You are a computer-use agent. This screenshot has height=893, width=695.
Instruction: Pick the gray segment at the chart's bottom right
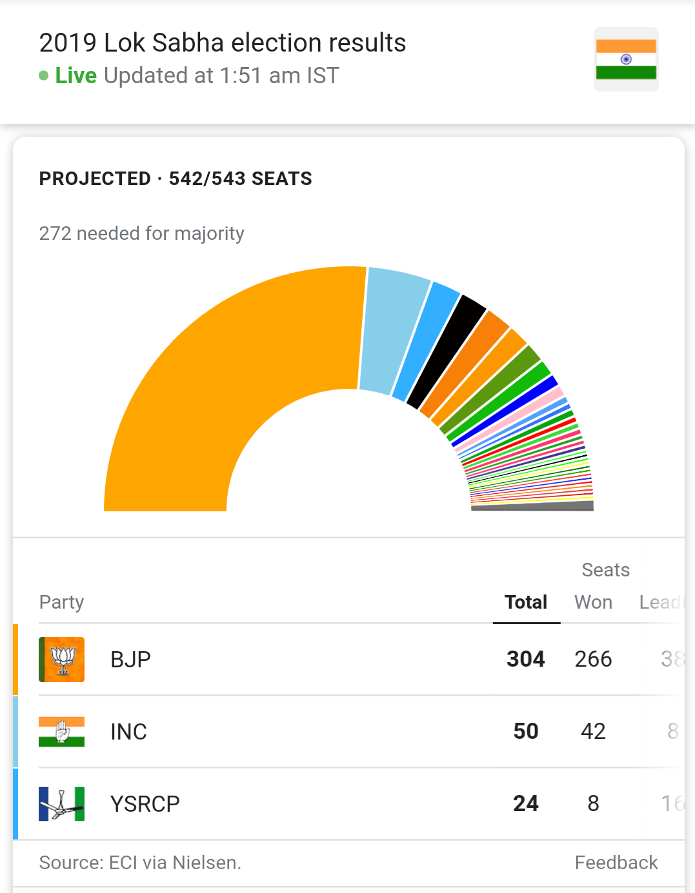(x=532, y=507)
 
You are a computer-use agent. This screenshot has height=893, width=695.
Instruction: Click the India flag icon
(x=626, y=59)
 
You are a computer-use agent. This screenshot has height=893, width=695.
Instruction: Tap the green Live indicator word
(x=76, y=76)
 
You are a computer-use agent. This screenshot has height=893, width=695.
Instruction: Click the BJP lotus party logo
(x=62, y=660)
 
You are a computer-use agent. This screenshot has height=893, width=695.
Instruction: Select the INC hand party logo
(x=62, y=732)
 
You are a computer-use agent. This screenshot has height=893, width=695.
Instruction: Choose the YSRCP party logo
(x=62, y=804)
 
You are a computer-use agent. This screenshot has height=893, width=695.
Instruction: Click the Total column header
(x=526, y=602)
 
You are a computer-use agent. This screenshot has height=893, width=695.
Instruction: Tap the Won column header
(x=593, y=602)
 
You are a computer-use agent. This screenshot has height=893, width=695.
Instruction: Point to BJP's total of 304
(x=526, y=659)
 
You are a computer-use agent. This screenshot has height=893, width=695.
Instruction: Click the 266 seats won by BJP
(x=593, y=659)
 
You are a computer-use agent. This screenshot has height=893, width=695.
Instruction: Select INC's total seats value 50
(x=526, y=731)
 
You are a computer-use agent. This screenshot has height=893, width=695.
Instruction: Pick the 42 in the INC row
(x=593, y=731)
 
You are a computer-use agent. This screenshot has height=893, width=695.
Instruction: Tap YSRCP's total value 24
(x=526, y=803)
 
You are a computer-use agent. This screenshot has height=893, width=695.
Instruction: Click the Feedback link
(x=616, y=863)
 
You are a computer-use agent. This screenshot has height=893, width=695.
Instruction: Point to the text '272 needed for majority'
(x=142, y=233)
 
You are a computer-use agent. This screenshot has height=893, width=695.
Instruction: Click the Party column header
(x=62, y=602)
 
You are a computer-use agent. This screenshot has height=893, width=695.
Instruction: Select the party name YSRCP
(x=145, y=804)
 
